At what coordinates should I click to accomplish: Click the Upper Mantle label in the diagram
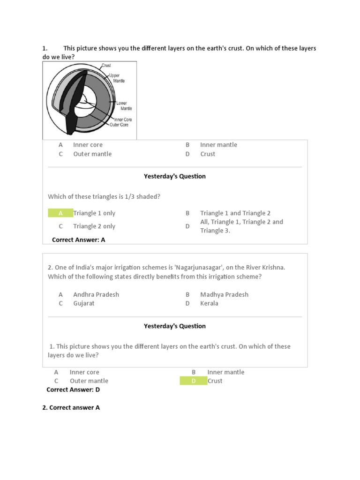click(x=115, y=78)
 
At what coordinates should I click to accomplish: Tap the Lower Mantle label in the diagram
click(x=123, y=105)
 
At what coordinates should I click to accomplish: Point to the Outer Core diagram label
click(x=119, y=125)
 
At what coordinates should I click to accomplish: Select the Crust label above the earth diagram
click(x=106, y=66)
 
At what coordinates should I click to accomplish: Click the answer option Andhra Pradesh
click(x=96, y=294)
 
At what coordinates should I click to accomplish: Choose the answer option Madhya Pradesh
click(x=224, y=294)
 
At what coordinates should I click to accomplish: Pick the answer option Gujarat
click(x=84, y=303)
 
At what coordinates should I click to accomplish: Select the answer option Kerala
click(x=209, y=303)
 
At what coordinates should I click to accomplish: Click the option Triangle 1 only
click(x=94, y=213)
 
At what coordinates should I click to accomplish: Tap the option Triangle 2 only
click(x=94, y=226)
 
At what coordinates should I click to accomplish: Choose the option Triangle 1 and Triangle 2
click(x=235, y=213)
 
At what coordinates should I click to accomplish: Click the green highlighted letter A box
click(x=60, y=213)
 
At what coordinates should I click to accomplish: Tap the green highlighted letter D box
click(x=193, y=381)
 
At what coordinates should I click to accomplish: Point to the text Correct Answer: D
click(x=73, y=390)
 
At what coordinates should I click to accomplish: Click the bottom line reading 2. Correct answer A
click(x=71, y=407)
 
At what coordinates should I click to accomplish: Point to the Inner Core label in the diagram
click(x=123, y=120)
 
